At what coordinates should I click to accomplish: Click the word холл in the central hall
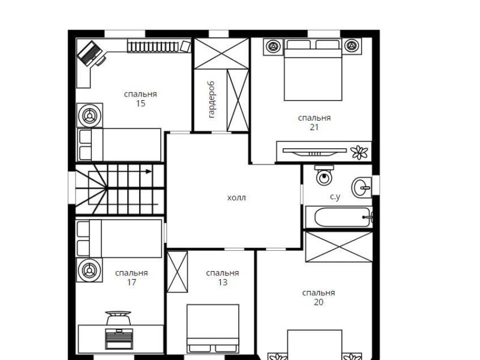236,198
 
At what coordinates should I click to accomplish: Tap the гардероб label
211,100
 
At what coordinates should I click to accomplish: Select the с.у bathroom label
335,197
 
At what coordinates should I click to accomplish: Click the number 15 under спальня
140,103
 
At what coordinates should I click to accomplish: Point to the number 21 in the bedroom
314,127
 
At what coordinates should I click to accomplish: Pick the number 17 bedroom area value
131,282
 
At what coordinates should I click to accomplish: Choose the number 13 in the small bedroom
223,282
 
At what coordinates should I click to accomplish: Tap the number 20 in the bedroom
319,302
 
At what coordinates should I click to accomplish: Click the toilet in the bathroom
324,175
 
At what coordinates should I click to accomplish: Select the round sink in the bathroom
362,187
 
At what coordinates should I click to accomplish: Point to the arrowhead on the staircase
149,172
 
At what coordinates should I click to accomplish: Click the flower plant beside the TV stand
359,152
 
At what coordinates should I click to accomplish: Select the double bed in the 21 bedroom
313,70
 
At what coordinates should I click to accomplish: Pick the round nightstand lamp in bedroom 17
89,271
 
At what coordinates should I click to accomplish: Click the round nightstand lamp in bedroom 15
89,116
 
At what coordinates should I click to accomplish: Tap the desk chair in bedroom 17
118,318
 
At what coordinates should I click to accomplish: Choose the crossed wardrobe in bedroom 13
177,272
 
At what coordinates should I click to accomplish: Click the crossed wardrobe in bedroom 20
339,247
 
